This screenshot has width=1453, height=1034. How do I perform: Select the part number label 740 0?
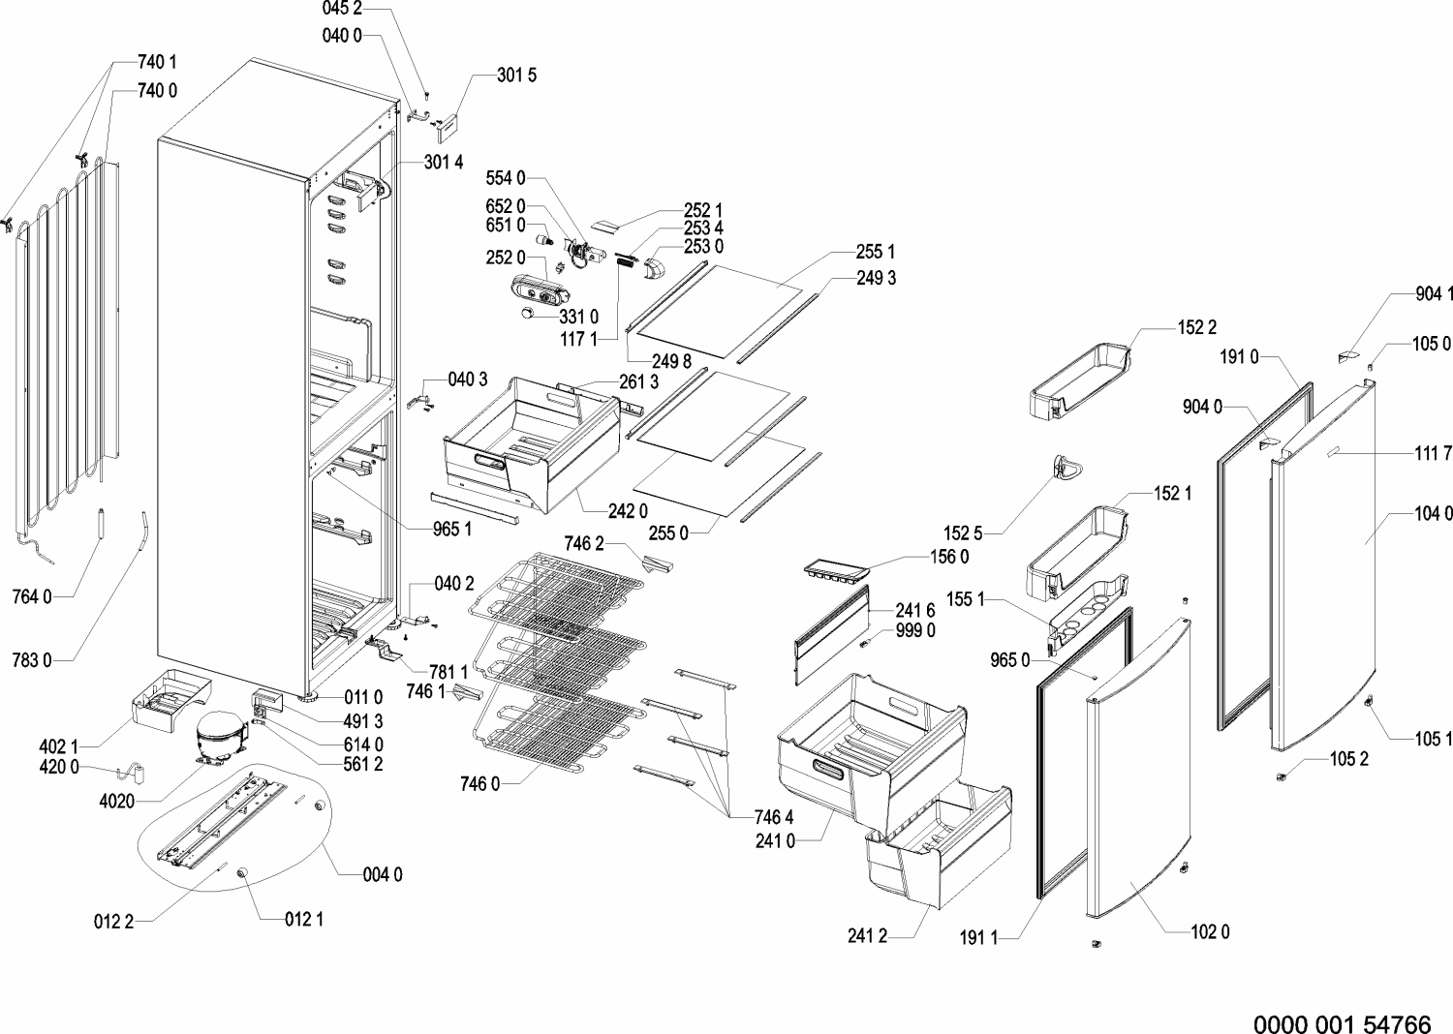157,91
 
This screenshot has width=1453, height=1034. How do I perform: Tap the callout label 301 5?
517,76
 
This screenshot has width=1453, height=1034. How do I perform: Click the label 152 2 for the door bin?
1197,328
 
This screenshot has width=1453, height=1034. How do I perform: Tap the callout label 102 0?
1211,932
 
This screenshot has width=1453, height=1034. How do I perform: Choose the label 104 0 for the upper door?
1434,514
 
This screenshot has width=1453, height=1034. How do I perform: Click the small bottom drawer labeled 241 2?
938,846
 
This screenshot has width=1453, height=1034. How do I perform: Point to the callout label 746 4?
774,817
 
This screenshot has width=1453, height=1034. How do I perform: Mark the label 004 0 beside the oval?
383,875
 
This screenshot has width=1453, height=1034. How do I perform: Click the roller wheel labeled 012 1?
244,873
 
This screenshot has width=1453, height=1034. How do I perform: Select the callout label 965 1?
452,530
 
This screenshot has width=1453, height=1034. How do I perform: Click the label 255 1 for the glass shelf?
876,252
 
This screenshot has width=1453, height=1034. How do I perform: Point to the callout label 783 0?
32,660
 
